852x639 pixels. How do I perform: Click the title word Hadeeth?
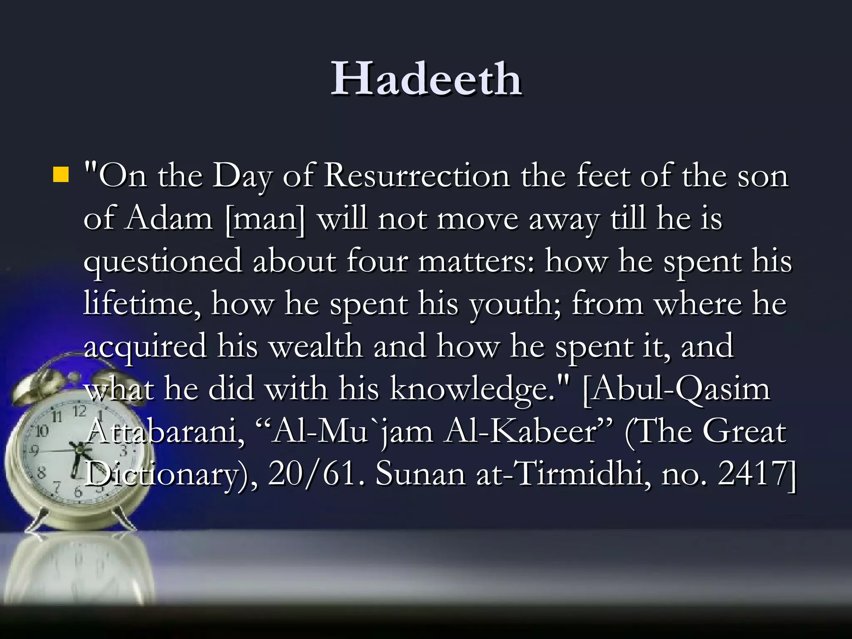[x=426, y=79]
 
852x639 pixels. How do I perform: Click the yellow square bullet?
[x=61, y=175]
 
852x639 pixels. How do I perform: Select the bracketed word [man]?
[x=265, y=219]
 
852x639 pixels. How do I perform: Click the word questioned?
[x=163, y=262]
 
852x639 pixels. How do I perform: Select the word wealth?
[x=316, y=346]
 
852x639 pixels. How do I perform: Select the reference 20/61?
[x=312, y=475]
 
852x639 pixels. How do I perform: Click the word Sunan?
[x=420, y=475]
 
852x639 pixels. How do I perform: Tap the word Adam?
[x=169, y=219]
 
